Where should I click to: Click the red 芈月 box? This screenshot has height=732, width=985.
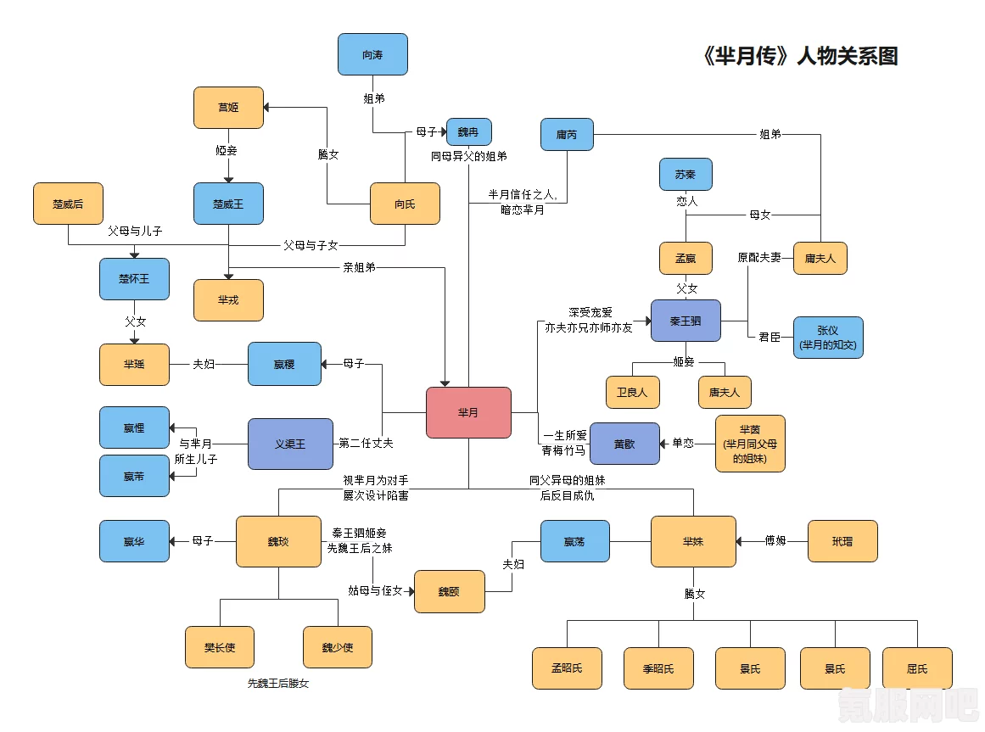click(468, 412)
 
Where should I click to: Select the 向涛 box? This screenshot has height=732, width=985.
click(372, 54)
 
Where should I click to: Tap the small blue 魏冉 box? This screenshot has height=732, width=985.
click(468, 131)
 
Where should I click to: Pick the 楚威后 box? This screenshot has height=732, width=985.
click(68, 204)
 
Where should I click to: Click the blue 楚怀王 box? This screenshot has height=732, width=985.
click(134, 279)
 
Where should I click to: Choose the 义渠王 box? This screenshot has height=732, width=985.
click(290, 444)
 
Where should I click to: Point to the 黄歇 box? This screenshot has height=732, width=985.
click(624, 444)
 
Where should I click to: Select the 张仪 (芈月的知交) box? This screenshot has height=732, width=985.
click(828, 338)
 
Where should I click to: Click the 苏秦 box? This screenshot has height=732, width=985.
click(686, 174)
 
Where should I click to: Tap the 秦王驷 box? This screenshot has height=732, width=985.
click(686, 321)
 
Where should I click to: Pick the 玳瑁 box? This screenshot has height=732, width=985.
click(842, 541)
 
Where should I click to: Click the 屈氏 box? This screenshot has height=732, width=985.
click(917, 668)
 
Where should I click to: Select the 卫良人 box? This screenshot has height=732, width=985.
click(632, 393)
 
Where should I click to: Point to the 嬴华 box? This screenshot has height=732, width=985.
click(134, 541)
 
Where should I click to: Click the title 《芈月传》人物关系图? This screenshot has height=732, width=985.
click(800, 57)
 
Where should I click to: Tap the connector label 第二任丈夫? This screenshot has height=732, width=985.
click(367, 444)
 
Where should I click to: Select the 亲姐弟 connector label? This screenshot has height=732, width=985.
click(360, 267)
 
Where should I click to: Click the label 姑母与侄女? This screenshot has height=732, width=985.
click(375, 590)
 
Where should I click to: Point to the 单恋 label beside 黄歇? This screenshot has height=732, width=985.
click(683, 444)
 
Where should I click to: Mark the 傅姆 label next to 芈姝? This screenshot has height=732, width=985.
click(775, 540)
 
